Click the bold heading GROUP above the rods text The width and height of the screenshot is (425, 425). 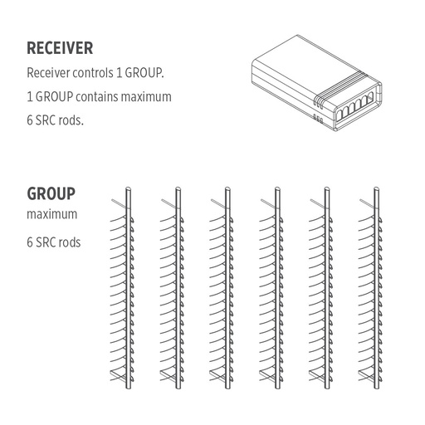(51, 194)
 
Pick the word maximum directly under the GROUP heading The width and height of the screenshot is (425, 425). (51, 215)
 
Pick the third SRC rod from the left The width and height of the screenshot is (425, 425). (227, 291)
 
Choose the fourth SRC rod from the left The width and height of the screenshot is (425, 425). (275, 291)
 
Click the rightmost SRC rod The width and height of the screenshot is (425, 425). (374, 291)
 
